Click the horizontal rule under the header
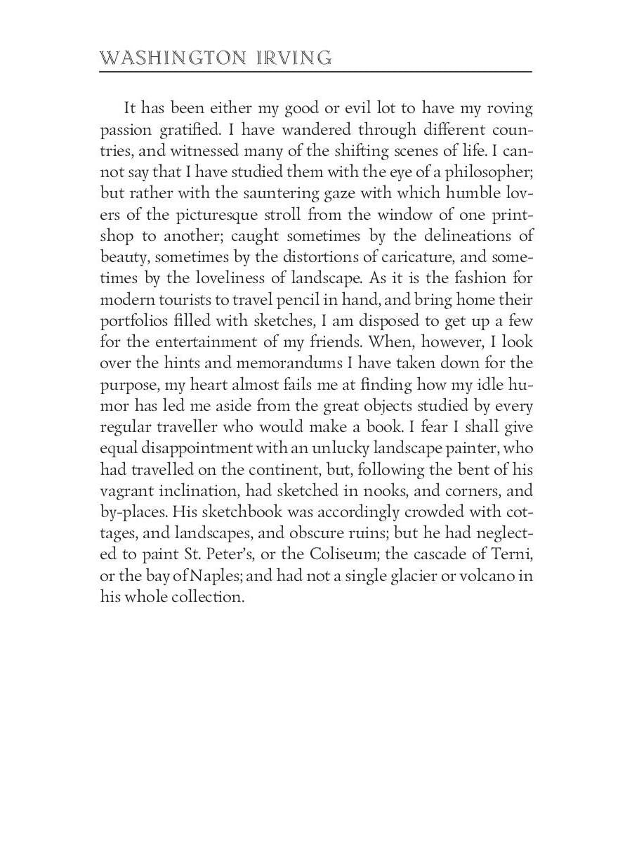(x=316, y=72)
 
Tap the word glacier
(x=395, y=576)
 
